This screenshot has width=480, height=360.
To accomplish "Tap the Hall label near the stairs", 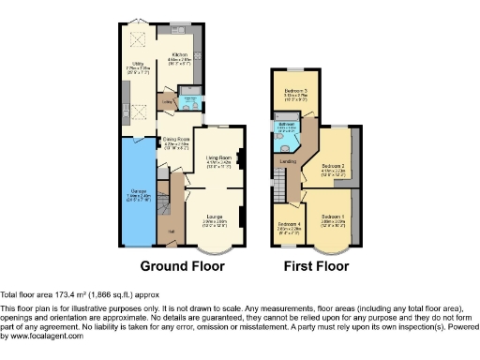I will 172,231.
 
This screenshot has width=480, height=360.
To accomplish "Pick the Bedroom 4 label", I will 290,225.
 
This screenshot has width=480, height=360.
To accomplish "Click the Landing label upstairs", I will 289,161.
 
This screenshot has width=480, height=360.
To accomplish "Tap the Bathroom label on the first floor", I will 283,124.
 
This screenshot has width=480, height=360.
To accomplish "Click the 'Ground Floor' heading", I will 182,266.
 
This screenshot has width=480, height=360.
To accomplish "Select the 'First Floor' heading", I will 319,266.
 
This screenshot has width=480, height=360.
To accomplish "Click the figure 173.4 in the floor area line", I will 65,294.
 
